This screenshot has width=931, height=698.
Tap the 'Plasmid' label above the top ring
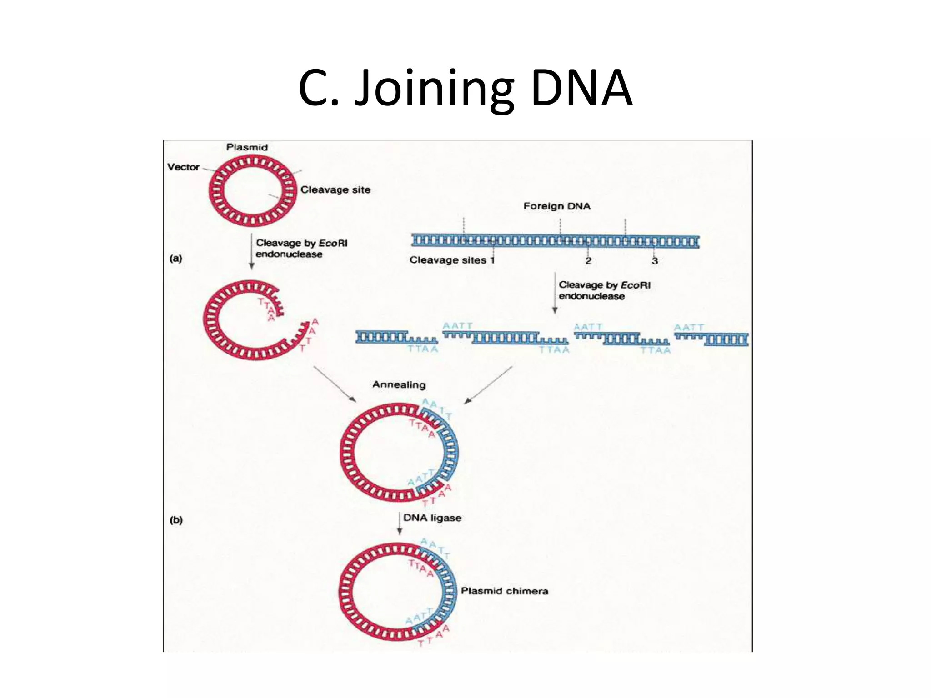click(247, 147)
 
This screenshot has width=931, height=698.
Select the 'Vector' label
click(183, 167)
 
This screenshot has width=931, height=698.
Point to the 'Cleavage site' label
click(335, 189)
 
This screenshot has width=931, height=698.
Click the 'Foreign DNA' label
click(557, 206)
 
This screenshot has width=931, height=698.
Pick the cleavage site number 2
click(588, 261)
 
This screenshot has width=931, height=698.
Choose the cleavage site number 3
click(655, 261)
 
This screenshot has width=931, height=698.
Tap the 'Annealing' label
click(399, 384)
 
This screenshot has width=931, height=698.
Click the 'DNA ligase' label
click(432, 518)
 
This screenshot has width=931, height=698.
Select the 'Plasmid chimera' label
click(505, 591)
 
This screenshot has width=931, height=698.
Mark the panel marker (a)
click(176, 259)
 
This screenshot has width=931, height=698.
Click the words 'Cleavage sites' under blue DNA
click(448, 260)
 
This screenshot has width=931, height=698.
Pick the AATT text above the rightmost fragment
click(689, 327)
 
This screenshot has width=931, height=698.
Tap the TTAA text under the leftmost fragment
click(423, 349)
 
